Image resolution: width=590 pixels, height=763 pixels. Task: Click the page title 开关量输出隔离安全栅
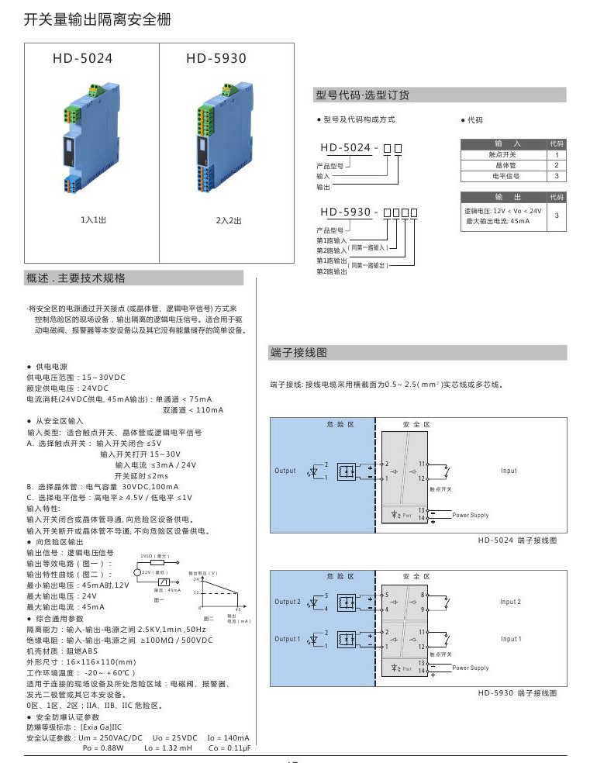point(98,19)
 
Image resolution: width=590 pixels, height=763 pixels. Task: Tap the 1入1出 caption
point(91,220)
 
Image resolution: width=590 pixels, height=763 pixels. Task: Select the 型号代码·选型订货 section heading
point(362,95)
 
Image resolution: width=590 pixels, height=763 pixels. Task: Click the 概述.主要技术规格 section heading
point(75,278)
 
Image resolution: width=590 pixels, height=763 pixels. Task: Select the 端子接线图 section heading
point(298,353)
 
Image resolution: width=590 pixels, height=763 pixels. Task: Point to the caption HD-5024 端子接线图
point(517,539)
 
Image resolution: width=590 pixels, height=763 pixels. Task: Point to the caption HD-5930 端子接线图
point(517,692)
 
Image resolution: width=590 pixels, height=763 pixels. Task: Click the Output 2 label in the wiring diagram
point(287,602)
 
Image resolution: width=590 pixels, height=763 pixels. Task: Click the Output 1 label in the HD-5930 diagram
point(287,639)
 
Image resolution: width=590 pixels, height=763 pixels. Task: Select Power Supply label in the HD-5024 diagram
point(471,515)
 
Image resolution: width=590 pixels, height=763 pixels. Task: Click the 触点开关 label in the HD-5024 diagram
point(441,489)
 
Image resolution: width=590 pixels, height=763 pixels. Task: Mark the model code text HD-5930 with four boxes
point(368,212)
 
